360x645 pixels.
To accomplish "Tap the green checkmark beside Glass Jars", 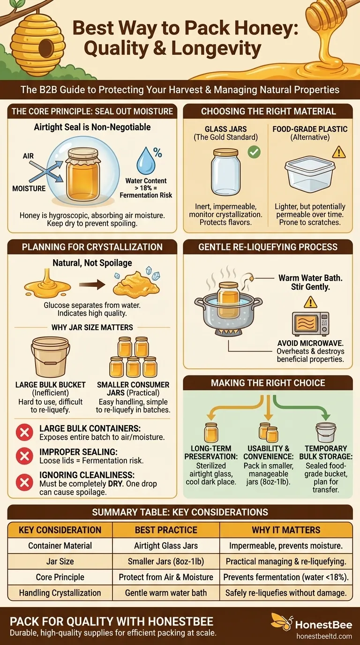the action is click(254, 152).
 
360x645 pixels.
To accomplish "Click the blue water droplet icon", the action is click(146, 161).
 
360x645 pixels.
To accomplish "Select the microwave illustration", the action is click(310, 324).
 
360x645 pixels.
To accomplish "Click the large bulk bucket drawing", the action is click(51, 357).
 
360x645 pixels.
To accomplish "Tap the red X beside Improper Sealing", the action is click(24, 456).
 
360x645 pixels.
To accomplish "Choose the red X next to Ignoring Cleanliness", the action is click(24, 482).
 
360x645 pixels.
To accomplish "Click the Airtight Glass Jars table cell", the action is click(166, 546).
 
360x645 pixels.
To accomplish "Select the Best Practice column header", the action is click(166, 530).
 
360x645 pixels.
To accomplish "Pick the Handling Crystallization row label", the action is click(60, 593).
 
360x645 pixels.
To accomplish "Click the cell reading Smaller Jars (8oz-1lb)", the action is click(166, 561).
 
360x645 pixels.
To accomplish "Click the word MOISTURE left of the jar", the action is click(29, 188).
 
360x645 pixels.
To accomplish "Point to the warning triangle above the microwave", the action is click(310, 302).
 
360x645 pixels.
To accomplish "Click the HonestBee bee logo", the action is click(282, 622).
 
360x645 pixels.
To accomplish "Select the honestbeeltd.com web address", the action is click(324, 636).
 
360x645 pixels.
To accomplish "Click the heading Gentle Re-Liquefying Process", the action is click(268, 247).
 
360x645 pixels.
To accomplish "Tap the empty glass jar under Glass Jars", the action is click(225, 172).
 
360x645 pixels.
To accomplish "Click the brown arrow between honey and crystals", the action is click(92, 285).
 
